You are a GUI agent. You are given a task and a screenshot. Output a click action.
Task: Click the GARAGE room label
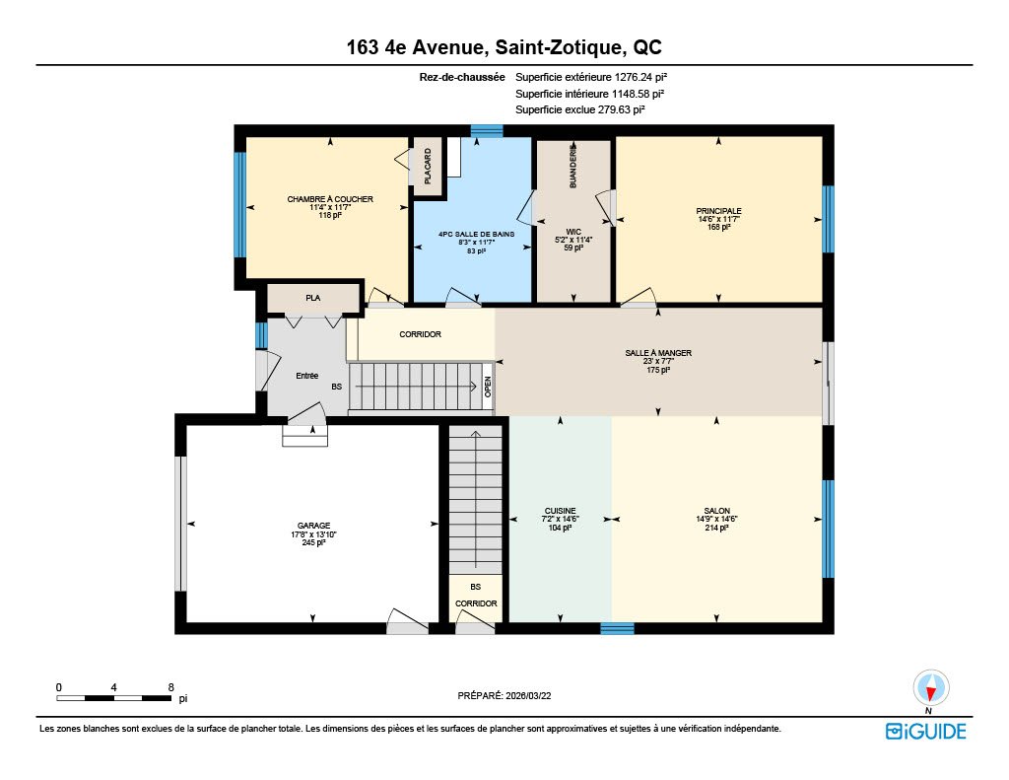pos(313,526)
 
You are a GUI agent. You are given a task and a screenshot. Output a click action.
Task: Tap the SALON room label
pos(717,511)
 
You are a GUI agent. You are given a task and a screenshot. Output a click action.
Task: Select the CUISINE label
pos(560,511)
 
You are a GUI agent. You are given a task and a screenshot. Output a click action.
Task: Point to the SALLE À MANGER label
pos(658,353)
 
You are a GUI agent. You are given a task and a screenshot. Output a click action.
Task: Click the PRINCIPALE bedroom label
pos(718,211)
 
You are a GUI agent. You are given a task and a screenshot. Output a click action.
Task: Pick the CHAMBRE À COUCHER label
pos(330,199)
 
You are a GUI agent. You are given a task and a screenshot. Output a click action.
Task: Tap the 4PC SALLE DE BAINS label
pos(476,234)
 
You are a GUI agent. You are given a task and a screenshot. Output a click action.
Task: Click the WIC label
pos(573,231)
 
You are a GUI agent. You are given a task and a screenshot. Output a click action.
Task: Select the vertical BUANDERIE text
pos(573,166)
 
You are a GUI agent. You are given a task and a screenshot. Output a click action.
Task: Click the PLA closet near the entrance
pos(312,298)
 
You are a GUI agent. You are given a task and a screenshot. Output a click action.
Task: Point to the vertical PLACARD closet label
pos(428,167)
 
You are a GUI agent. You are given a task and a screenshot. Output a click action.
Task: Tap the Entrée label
pos(307,376)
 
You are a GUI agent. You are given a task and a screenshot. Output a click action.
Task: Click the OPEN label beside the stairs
pos(488,386)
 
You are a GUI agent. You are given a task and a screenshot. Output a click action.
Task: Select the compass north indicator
pos(930,688)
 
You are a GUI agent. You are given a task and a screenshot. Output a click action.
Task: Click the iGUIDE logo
pos(926,731)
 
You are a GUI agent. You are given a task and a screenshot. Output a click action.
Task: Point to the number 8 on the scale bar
pos(170,687)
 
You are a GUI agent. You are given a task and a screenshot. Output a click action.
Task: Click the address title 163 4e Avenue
pos(415,47)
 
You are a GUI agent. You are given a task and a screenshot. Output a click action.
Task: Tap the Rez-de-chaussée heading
pos(462,77)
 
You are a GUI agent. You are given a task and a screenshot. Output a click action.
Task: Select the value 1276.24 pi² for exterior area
pos(640,77)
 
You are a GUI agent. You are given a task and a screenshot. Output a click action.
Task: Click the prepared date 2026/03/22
pos(528,695)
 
